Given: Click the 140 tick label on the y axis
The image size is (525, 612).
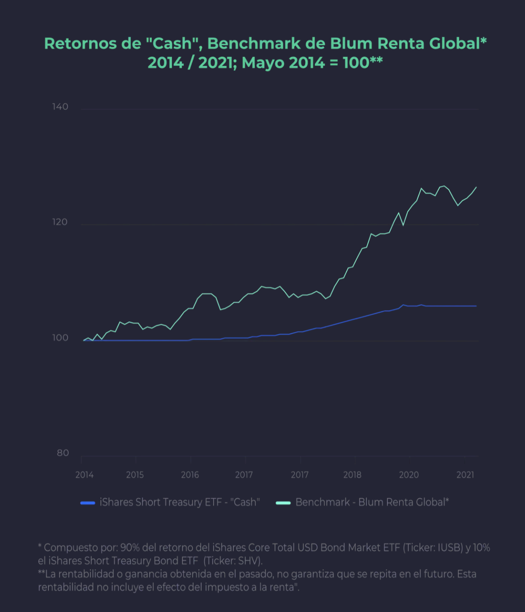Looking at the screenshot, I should (60, 107).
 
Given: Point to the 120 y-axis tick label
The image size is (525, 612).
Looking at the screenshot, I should (60, 222).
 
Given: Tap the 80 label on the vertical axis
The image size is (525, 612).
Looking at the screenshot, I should (63, 453).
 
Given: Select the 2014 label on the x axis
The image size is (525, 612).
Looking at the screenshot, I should (84, 475).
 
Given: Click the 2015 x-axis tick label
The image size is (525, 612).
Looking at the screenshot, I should (135, 475).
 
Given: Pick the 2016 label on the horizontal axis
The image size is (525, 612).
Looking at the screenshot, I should (190, 475).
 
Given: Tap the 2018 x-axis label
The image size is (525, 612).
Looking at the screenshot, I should (352, 475).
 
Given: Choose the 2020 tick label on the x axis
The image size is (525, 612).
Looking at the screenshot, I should (409, 475).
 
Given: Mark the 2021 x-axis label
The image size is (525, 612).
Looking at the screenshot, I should (465, 475).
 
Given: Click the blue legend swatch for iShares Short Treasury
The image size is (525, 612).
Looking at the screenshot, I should (88, 503).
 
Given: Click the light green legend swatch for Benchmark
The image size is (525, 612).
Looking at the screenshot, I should (283, 503).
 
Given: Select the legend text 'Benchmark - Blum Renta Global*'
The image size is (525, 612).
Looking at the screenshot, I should (372, 502).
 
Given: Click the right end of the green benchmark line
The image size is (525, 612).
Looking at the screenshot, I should (476, 187).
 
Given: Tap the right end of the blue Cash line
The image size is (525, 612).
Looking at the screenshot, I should (476, 306).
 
